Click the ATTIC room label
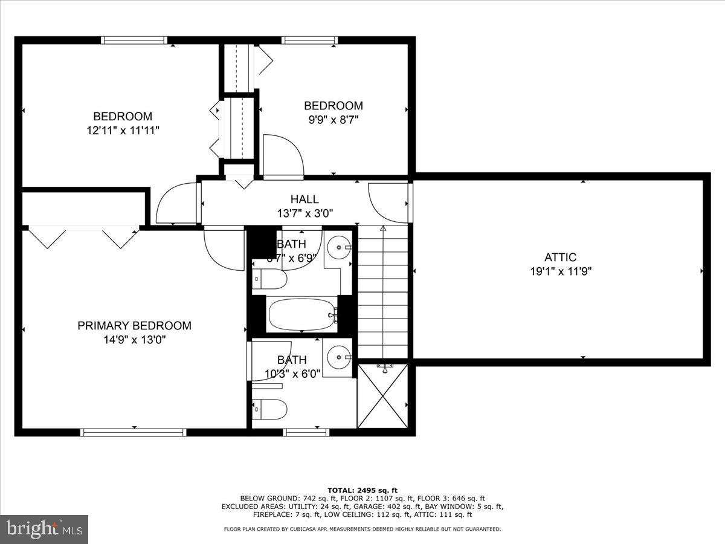[x=559, y=257]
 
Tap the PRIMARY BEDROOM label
[x=134, y=326]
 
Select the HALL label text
[x=304, y=199]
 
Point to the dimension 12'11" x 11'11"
[x=123, y=130]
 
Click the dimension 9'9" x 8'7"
[x=333, y=120]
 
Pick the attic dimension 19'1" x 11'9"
[x=559, y=271]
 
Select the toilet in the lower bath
[x=269, y=409]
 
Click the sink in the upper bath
[x=339, y=246]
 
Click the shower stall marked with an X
[x=382, y=396]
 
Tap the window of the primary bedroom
[x=134, y=432]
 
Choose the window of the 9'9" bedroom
[x=310, y=40]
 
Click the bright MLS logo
[x=44, y=529]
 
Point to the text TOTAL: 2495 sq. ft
[x=362, y=490]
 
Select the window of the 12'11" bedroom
[x=134, y=40]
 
